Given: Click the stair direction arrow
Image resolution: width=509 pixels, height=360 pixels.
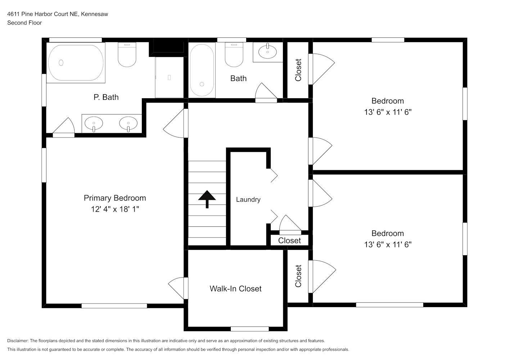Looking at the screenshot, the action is click(x=207, y=199).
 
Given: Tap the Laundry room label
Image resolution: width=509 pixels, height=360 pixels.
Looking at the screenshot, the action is click(x=248, y=199).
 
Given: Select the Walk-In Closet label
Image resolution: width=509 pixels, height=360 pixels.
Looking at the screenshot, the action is click(x=235, y=289).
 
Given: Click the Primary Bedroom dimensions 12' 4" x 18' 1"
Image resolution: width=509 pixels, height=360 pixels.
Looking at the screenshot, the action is click(x=115, y=209).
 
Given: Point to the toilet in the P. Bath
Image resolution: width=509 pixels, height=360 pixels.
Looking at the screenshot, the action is click(x=127, y=55).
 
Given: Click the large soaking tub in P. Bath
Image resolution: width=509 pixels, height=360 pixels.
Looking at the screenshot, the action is click(x=76, y=63).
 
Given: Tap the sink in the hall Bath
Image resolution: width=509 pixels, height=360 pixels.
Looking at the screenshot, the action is click(x=267, y=51).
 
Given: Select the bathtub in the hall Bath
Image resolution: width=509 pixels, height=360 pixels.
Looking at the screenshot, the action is click(x=202, y=70).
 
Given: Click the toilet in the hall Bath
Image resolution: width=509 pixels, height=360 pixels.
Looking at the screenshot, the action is click(x=234, y=55).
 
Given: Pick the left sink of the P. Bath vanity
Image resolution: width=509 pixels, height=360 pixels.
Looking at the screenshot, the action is click(x=94, y=124).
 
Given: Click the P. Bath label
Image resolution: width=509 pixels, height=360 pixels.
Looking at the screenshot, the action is click(x=106, y=97).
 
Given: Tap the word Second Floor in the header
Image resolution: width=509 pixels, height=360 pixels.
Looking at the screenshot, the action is click(x=24, y=23).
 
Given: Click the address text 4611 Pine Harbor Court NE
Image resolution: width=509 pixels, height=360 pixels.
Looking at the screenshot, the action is click(x=42, y=14).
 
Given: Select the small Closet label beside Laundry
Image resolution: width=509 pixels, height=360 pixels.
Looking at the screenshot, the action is click(x=289, y=240).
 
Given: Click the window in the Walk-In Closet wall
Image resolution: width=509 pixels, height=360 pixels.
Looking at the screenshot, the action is click(x=250, y=329).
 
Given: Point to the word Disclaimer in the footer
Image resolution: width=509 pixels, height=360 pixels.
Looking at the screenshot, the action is click(x=18, y=341).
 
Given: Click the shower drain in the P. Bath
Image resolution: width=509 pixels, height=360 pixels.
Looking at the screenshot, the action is click(x=169, y=77).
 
